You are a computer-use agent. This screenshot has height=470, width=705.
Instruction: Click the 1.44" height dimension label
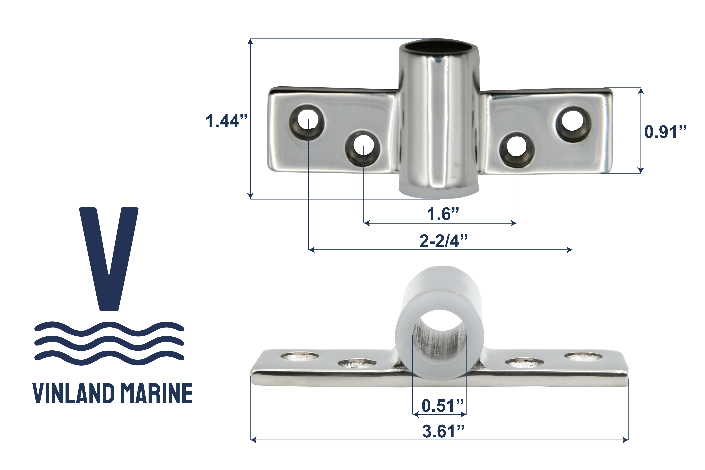point(226,121)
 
